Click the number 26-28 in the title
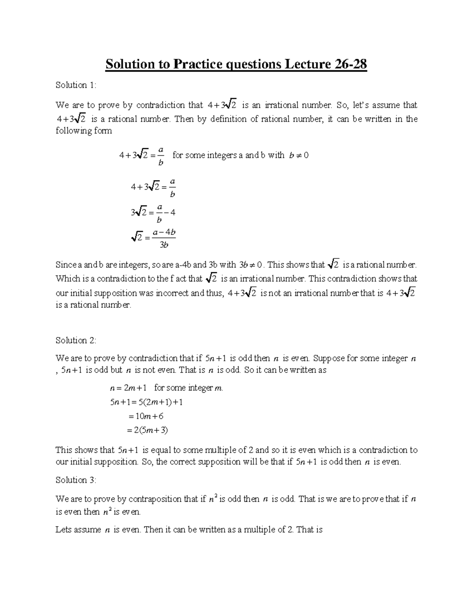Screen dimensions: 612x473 [x=349, y=64]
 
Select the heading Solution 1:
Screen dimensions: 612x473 [x=76, y=85]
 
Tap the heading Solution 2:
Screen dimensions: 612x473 [x=76, y=340]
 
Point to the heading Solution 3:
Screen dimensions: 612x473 [x=76, y=480]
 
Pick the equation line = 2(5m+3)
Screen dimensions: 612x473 [x=148, y=430]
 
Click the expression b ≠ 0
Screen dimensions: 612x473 [x=298, y=155]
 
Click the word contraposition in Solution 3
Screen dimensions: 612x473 [x=155, y=499]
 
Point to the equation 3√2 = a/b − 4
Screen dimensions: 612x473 [x=153, y=213]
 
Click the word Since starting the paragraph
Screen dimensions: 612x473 [x=65, y=265]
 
